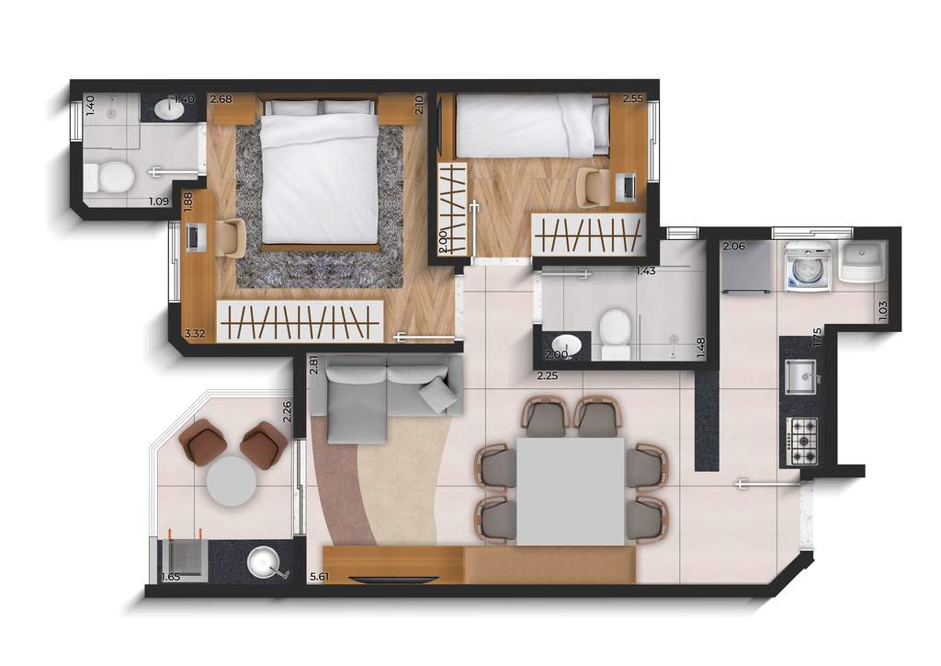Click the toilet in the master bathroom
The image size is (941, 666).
pos(116,176)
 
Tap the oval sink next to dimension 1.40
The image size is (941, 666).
pos(170,109)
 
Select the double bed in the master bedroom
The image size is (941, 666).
pos(320,175)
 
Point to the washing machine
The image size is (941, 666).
pos(808,268)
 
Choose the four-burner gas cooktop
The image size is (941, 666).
pos(802,440)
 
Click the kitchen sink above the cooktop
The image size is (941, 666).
pos(799,375)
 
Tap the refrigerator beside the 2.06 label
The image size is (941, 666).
pos(746,269)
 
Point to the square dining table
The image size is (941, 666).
pos(570,490)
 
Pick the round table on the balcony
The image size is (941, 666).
pos(231,480)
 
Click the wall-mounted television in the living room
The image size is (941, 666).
pos(395,580)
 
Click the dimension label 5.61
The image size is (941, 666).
pos(320,577)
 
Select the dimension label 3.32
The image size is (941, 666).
pos(194,333)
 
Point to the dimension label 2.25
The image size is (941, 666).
pos(548,375)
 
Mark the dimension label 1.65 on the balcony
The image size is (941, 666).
pos(170,577)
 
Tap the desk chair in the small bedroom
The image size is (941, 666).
pos(592,188)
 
